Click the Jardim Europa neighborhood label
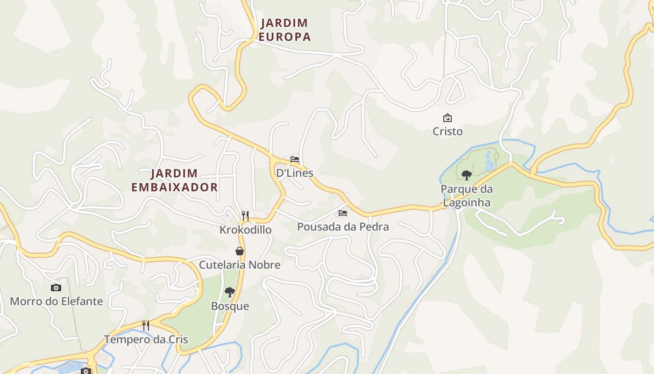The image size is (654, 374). (x=284, y=30)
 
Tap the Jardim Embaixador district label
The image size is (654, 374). (x=174, y=180)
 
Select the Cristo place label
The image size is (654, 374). (x=448, y=131)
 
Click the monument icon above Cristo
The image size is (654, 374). (x=448, y=118)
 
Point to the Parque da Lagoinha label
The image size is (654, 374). (x=466, y=196)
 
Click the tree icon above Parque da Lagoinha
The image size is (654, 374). (x=466, y=175)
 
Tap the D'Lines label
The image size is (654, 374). (x=294, y=173)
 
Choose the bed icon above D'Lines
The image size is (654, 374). (x=294, y=159)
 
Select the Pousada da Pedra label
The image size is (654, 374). (x=343, y=227)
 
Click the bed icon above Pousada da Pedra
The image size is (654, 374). (x=343, y=213)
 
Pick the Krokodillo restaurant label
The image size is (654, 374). (x=245, y=230)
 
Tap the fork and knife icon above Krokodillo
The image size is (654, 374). (x=245, y=216)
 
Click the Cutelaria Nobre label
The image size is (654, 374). (x=240, y=265)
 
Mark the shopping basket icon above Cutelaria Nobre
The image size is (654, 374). (x=240, y=251)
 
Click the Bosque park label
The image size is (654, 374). (x=230, y=306)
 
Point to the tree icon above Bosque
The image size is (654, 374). (x=229, y=292)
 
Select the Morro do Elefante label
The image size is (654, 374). (x=56, y=301)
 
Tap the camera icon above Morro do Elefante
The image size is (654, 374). (x=56, y=288)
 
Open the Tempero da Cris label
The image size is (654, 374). (x=146, y=339)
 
